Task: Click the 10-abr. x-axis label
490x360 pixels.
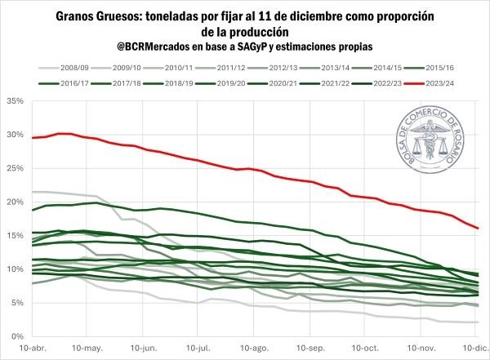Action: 32,348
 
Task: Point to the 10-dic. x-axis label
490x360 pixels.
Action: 477,348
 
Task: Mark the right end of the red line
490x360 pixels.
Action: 478,228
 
